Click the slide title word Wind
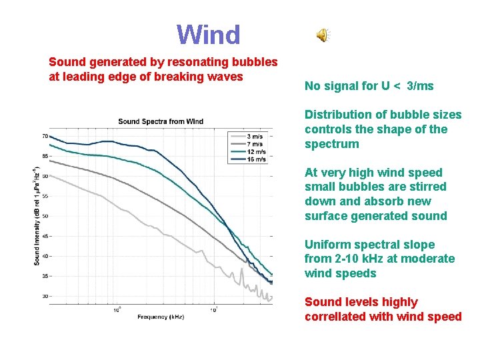point(208,35)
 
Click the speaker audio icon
point(323,36)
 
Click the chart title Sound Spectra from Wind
point(161,121)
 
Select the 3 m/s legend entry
point(254,137)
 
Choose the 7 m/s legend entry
point(254,145)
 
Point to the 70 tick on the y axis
point(45,136)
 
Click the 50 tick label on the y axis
point(45,216)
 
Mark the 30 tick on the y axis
point(45,296)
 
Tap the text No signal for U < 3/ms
point(369,86)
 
